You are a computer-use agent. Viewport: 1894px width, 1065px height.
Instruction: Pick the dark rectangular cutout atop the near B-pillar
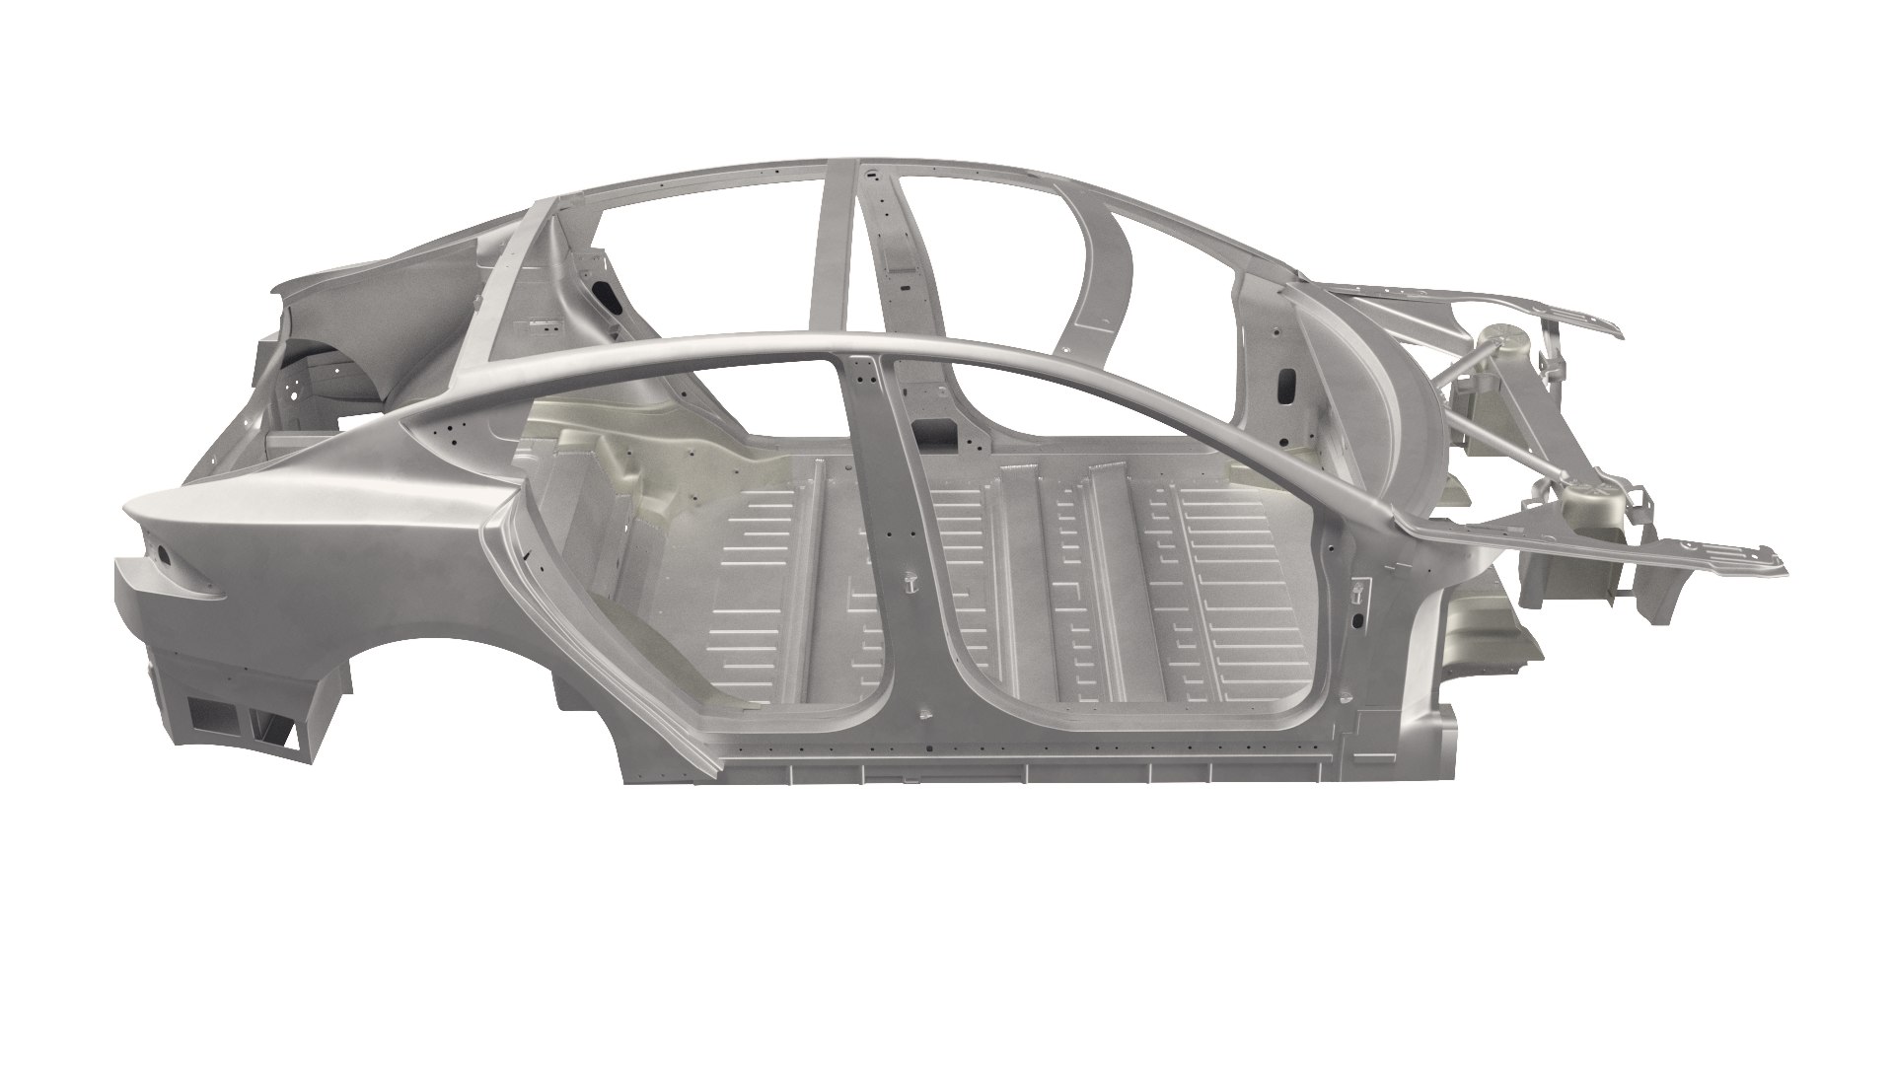point(932,428)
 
